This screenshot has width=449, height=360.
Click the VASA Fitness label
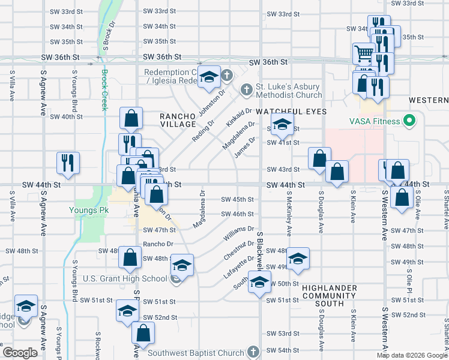coord(375,122)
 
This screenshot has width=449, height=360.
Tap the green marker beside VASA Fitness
coord(411,121)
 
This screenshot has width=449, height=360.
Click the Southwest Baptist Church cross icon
coord(253,352)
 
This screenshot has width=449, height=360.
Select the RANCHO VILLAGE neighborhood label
coord(178,120)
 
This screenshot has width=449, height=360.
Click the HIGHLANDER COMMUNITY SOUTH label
coord(330,296)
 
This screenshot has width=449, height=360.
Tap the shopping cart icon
coord(364,54)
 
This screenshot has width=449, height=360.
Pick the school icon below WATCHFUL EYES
coord(282,125)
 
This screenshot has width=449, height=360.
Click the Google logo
coord(21,352)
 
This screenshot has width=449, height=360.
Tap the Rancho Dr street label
coord(158,244)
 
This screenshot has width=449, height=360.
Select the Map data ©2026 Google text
coord(411,355)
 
